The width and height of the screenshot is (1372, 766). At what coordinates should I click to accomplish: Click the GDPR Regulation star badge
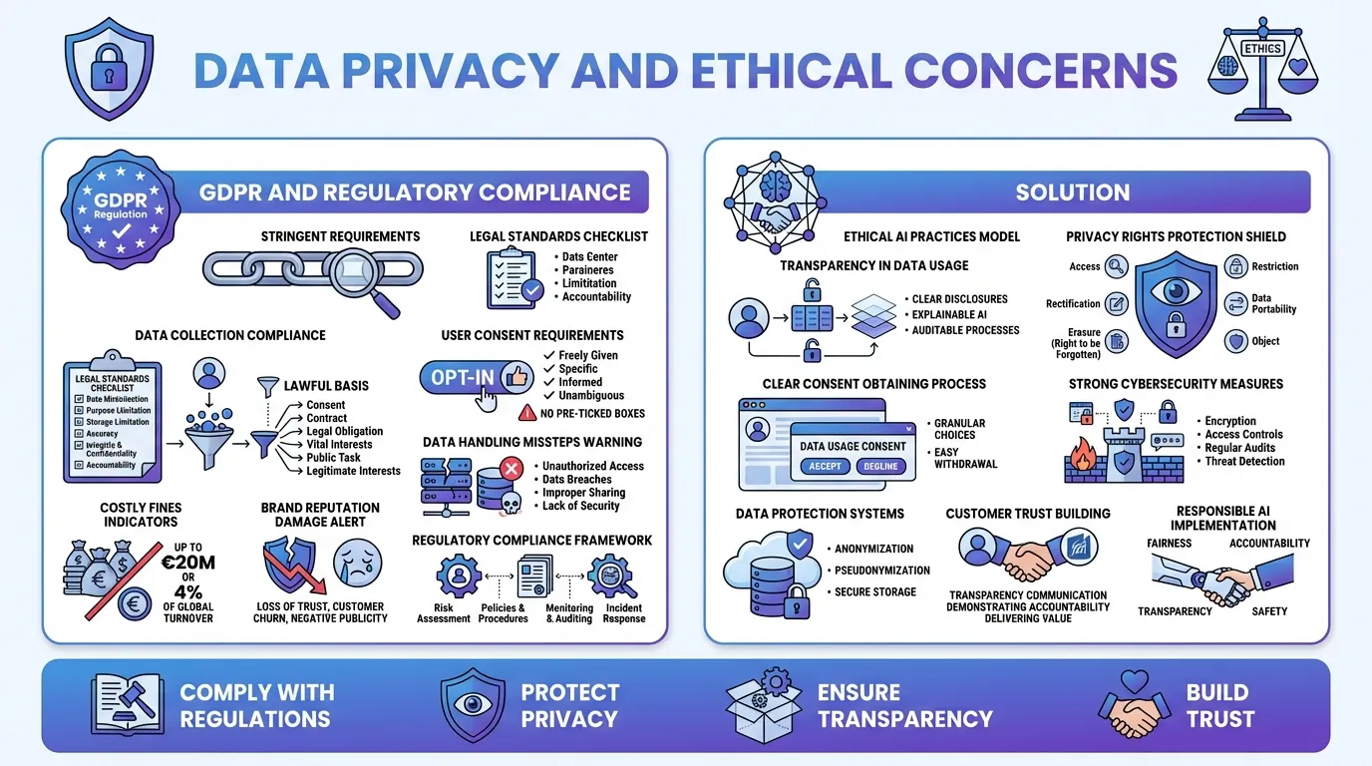(121, 208)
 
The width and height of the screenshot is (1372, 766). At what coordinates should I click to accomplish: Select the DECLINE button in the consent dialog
(880, 466)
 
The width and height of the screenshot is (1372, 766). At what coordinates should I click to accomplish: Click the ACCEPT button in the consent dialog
(825, 466)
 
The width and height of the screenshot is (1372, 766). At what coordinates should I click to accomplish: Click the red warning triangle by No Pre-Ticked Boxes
(527, 413)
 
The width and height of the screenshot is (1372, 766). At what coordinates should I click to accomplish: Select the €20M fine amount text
(187, 564)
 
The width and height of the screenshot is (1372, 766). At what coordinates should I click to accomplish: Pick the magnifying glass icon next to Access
(1117, 266)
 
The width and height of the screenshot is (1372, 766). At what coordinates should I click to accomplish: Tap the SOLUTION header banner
(1072, 192)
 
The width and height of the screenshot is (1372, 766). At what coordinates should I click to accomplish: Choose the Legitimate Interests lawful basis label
(353, 471)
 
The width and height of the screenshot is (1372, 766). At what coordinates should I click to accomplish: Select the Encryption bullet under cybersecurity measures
(1229, 421)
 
